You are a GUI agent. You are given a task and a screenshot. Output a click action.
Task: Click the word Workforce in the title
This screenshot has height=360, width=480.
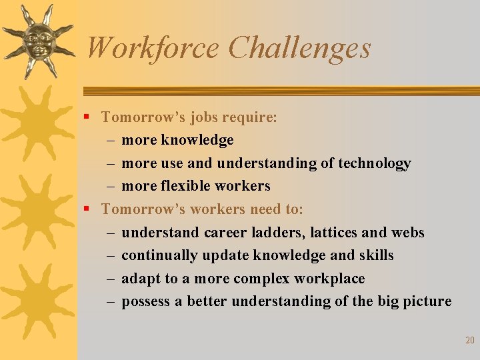pyautogui.click(x=153, y=48)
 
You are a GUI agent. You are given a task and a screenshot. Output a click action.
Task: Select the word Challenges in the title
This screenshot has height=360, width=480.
pyautogui.click(x=299, y=48)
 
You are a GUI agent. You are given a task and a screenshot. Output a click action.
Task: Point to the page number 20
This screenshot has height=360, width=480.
pyautogui.click(x=469, y=341)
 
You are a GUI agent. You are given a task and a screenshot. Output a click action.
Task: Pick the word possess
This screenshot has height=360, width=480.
pyautogui.click(x=146, y=301)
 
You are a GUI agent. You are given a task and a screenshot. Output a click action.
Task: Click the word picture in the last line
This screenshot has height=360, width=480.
pyautogui.click(x=426, y=301)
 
